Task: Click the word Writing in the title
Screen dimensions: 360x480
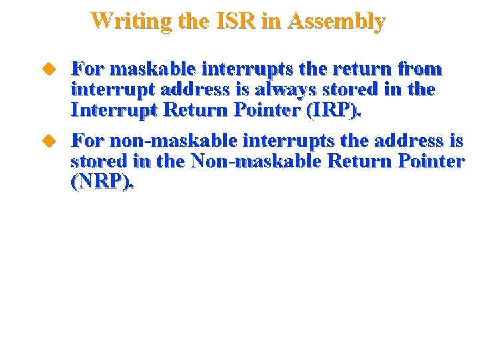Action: (x=130, y=21)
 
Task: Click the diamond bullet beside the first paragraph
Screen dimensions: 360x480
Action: (x=48, y=69)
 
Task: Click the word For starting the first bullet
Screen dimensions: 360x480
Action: (x=88, y=69)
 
